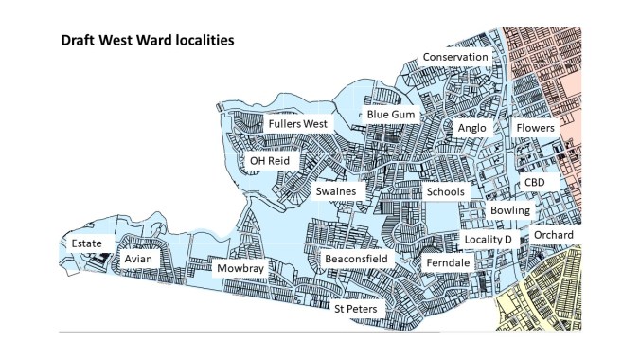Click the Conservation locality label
[x=455, y=58]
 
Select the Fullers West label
[x=297, y=124]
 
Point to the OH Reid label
[x=269, y=161]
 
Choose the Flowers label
[x=535, y=128]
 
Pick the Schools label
[x=445, y=192]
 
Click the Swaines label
[x=336, y=192]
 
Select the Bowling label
[x=510, y=210]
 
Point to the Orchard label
[x=552, y=235]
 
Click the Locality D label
[x=488, y=240]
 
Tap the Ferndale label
[x=447, y=261]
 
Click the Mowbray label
[x=240, y=269]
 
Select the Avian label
[x=138, y=259]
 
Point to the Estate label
[x=87, y=243]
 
